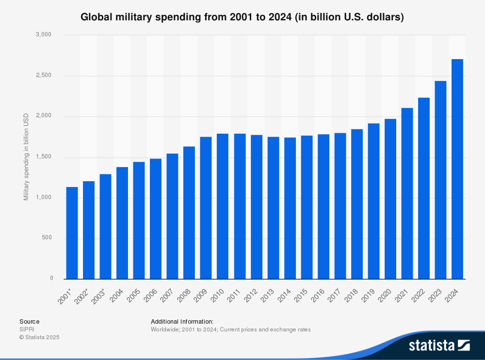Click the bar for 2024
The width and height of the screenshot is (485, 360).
(x=457, y=169)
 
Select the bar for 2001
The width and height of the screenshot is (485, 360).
(x=72, y=233)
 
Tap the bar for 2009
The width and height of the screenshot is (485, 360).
(x=206, y=208)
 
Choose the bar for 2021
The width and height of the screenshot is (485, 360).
(x=407, y=193)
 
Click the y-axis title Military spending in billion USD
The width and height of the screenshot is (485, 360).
(x=26, y=157)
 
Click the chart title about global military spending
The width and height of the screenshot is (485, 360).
(x=242, y=17)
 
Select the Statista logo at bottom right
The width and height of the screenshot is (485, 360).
(x=439, y=345)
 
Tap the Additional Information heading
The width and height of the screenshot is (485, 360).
(x=182, y=321)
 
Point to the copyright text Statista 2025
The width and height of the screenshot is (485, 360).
(x=39, y=337)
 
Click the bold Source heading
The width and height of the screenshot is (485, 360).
(x=29, y=321)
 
